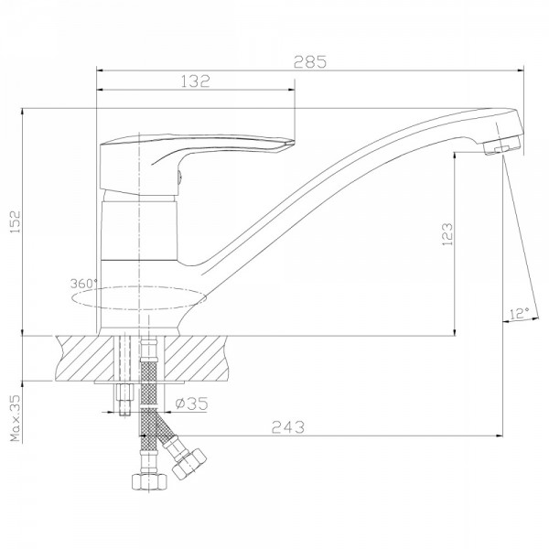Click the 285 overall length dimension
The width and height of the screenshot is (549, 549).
(x=310, y=62)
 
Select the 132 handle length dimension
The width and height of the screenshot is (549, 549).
(x=196, y=81)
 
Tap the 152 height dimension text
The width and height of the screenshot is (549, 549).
(x=16, y=222)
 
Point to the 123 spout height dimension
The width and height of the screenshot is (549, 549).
(x=447, y=234)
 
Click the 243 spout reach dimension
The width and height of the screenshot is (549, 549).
(x=288, y=426)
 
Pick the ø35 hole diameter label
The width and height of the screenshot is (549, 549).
(x=191, y=404)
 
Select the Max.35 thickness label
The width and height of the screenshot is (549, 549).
(x=16, y=418)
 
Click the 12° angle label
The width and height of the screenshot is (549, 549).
(x=519, y=313)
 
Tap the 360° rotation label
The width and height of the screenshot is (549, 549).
(x=83, y=284)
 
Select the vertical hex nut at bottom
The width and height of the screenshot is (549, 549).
(x=149, y=481)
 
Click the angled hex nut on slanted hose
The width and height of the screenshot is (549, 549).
(x=189, y=464)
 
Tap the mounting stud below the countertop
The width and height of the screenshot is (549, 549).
(x=125, y=399)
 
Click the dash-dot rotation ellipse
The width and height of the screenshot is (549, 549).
(x=139, y=298)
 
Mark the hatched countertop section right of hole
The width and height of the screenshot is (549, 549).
(x=196, y=358)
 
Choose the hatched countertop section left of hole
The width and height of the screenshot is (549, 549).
(x=85, y=358)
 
